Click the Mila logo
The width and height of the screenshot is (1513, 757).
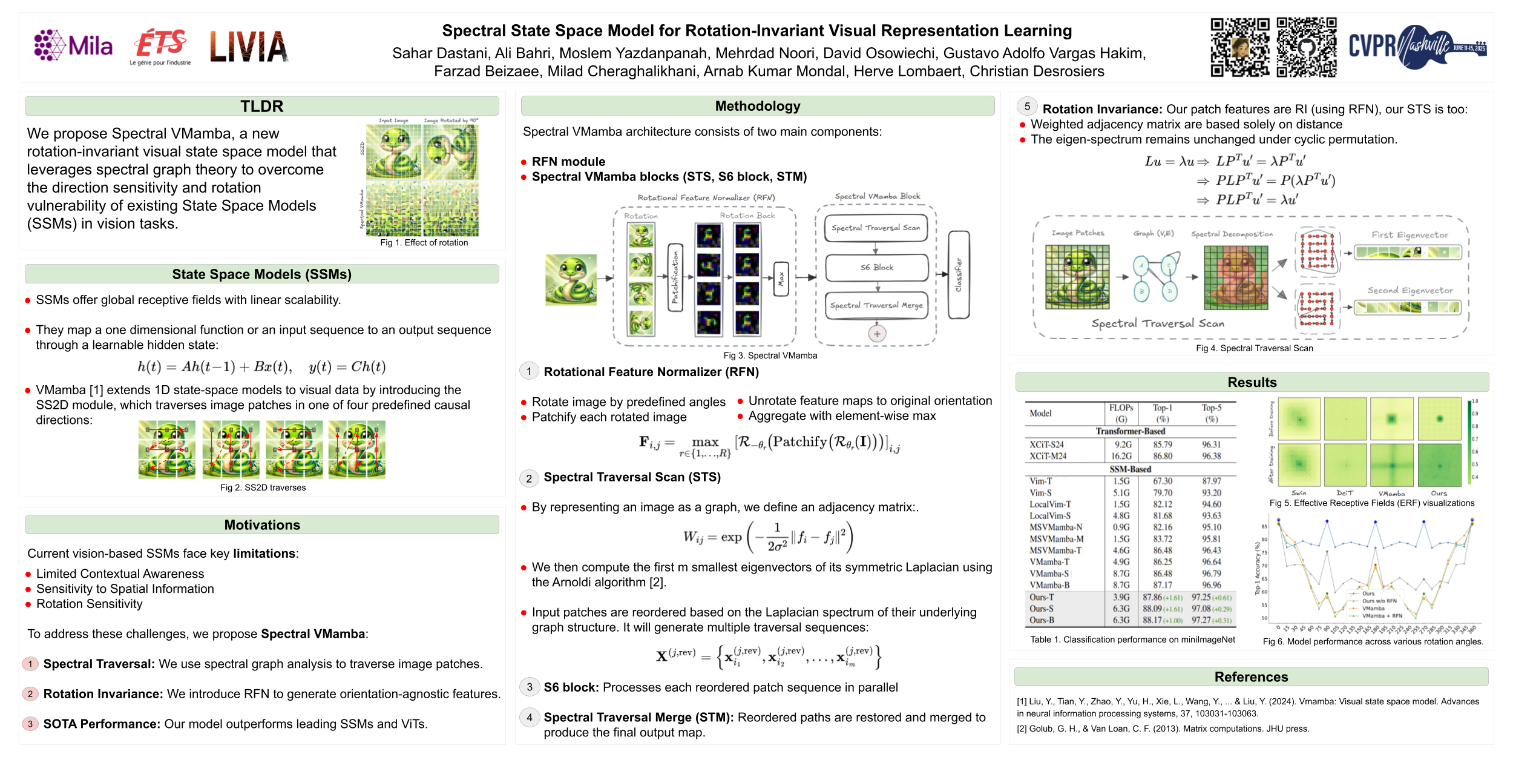(73, 45)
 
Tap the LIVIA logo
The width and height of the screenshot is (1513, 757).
(249, 47)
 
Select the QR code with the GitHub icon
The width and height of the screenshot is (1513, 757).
(1307, 47)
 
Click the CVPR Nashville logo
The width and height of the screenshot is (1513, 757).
(1417, 46)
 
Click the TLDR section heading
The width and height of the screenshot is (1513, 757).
(261, 107)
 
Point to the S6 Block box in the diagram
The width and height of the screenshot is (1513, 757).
(876, 268)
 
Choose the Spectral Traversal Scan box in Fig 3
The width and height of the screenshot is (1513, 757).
(875, 228)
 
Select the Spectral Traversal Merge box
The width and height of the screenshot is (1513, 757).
(876, 306)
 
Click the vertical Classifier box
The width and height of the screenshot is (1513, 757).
(958, 275)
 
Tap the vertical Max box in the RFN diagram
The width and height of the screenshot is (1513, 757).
(781, 279)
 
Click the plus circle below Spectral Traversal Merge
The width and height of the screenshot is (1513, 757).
(877, 333)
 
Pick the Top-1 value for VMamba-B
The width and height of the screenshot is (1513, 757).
(1162, 585)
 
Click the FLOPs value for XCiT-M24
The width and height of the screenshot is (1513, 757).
(1121, 456)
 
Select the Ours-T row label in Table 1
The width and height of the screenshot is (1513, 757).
(1042, 597)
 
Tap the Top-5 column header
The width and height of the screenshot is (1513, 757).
(1211, 413)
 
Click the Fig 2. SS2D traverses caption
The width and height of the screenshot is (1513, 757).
(263, 488)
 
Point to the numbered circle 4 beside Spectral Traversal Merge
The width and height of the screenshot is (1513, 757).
(530, 718)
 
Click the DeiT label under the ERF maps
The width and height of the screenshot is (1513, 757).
(1345, 493)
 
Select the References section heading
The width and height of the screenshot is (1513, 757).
(1251, 676)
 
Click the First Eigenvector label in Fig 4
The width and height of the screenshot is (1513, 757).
(1410, 235)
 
